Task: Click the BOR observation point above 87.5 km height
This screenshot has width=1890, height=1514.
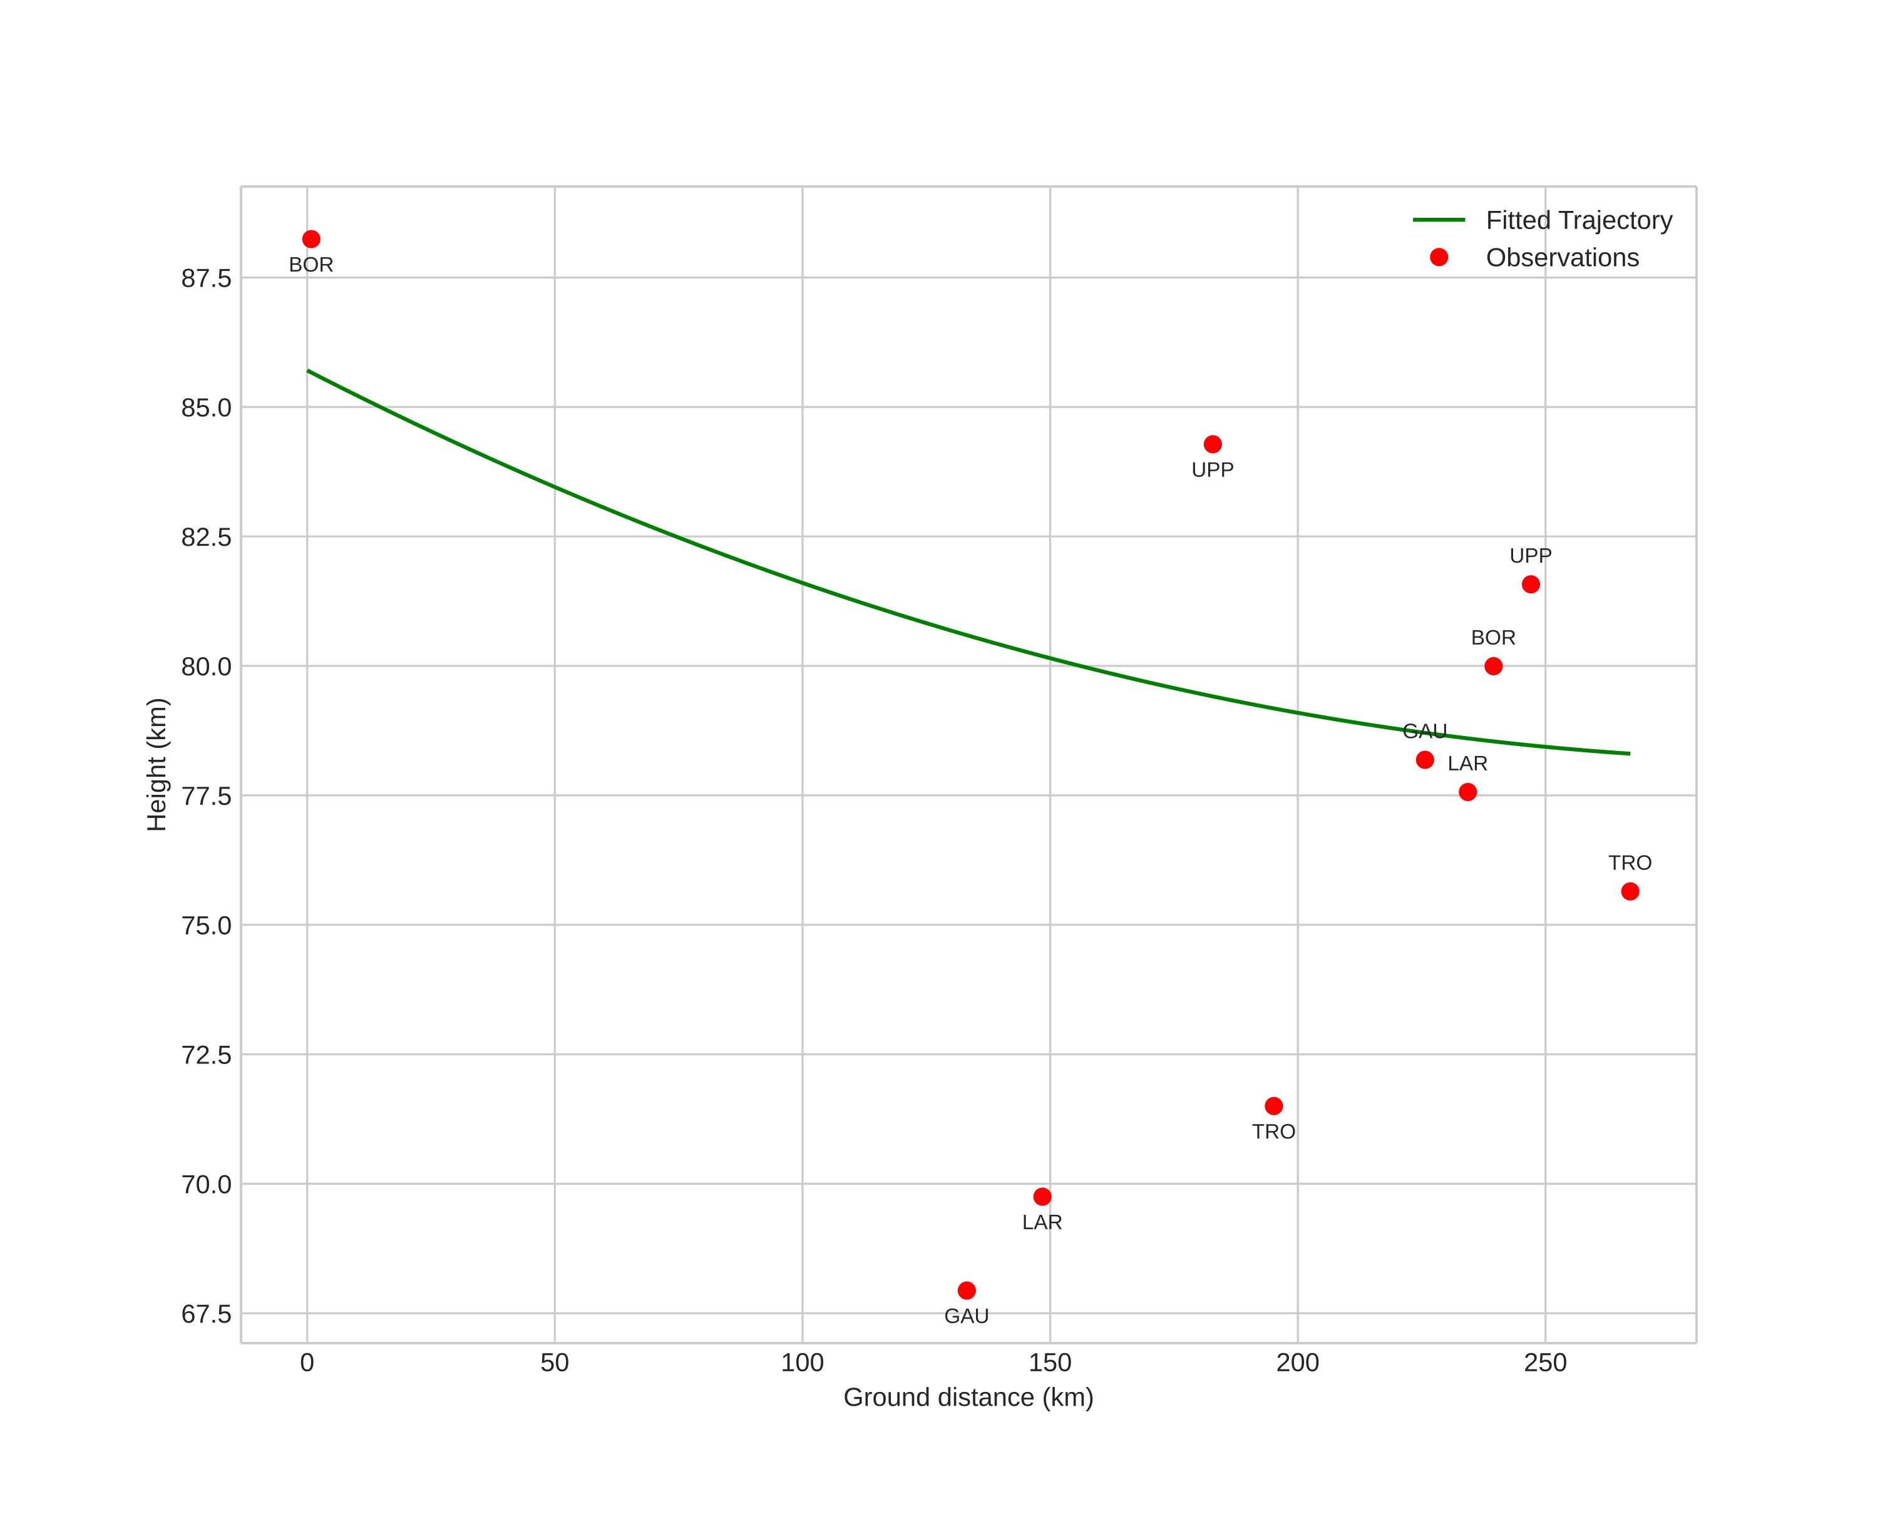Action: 311,239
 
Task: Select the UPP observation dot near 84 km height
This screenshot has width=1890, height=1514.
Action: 1213,444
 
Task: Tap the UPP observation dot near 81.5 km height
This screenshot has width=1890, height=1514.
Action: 1531,585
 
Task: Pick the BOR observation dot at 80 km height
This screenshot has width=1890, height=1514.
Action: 1494,666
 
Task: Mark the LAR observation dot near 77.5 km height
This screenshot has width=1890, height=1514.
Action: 1467,792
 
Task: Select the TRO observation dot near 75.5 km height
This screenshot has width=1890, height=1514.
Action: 1630,891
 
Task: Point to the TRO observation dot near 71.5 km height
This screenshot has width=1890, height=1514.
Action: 1274,1106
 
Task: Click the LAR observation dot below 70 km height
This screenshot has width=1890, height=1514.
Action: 1042,1197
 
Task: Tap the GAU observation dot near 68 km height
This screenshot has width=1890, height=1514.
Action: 967,1291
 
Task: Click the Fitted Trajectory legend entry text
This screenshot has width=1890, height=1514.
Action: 1579,220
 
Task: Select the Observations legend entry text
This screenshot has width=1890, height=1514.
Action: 1562,258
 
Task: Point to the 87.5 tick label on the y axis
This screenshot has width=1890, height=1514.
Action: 206,279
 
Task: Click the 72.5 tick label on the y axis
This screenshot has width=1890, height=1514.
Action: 206,1055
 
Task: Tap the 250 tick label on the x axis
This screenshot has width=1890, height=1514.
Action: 1544,1363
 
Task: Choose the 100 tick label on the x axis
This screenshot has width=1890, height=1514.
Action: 802,1363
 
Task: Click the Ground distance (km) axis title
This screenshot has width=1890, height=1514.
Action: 968,1398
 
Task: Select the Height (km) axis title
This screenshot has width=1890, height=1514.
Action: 157,764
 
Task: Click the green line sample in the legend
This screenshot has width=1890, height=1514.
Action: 1439,220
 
